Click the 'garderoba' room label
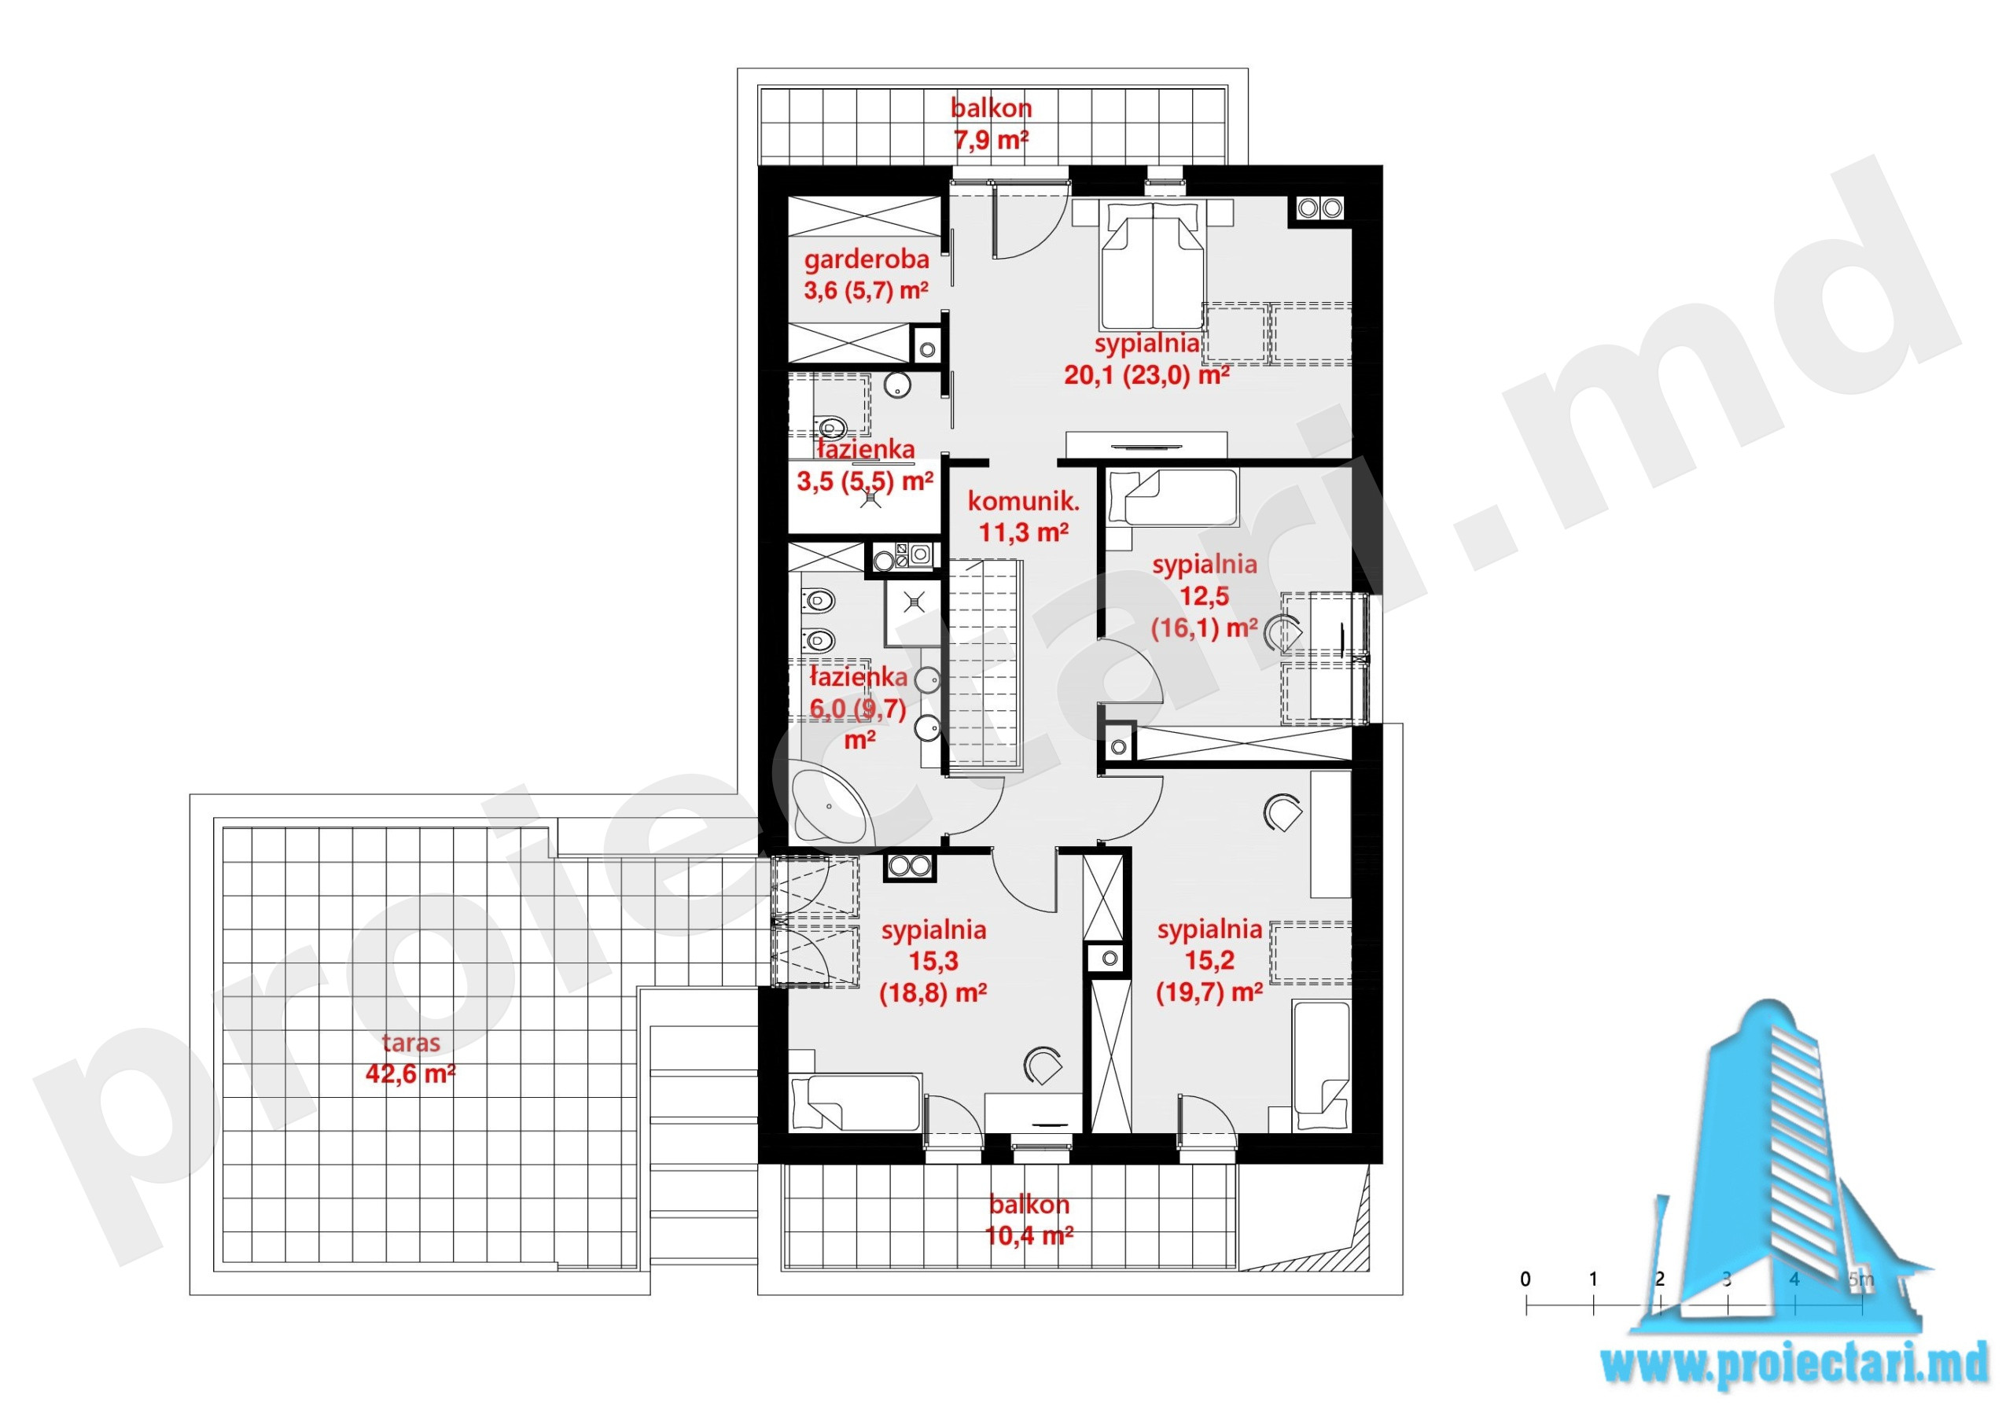867,260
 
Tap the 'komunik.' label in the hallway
1023,501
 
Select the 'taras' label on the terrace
411,1043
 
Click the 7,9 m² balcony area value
991,139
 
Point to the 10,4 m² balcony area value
1029,1235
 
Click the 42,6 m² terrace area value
410,1073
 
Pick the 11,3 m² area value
1023,532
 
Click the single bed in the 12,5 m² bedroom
1172,497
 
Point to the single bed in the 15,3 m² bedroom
855,1103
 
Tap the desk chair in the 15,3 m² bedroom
1043,1066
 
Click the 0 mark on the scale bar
1525,1279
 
